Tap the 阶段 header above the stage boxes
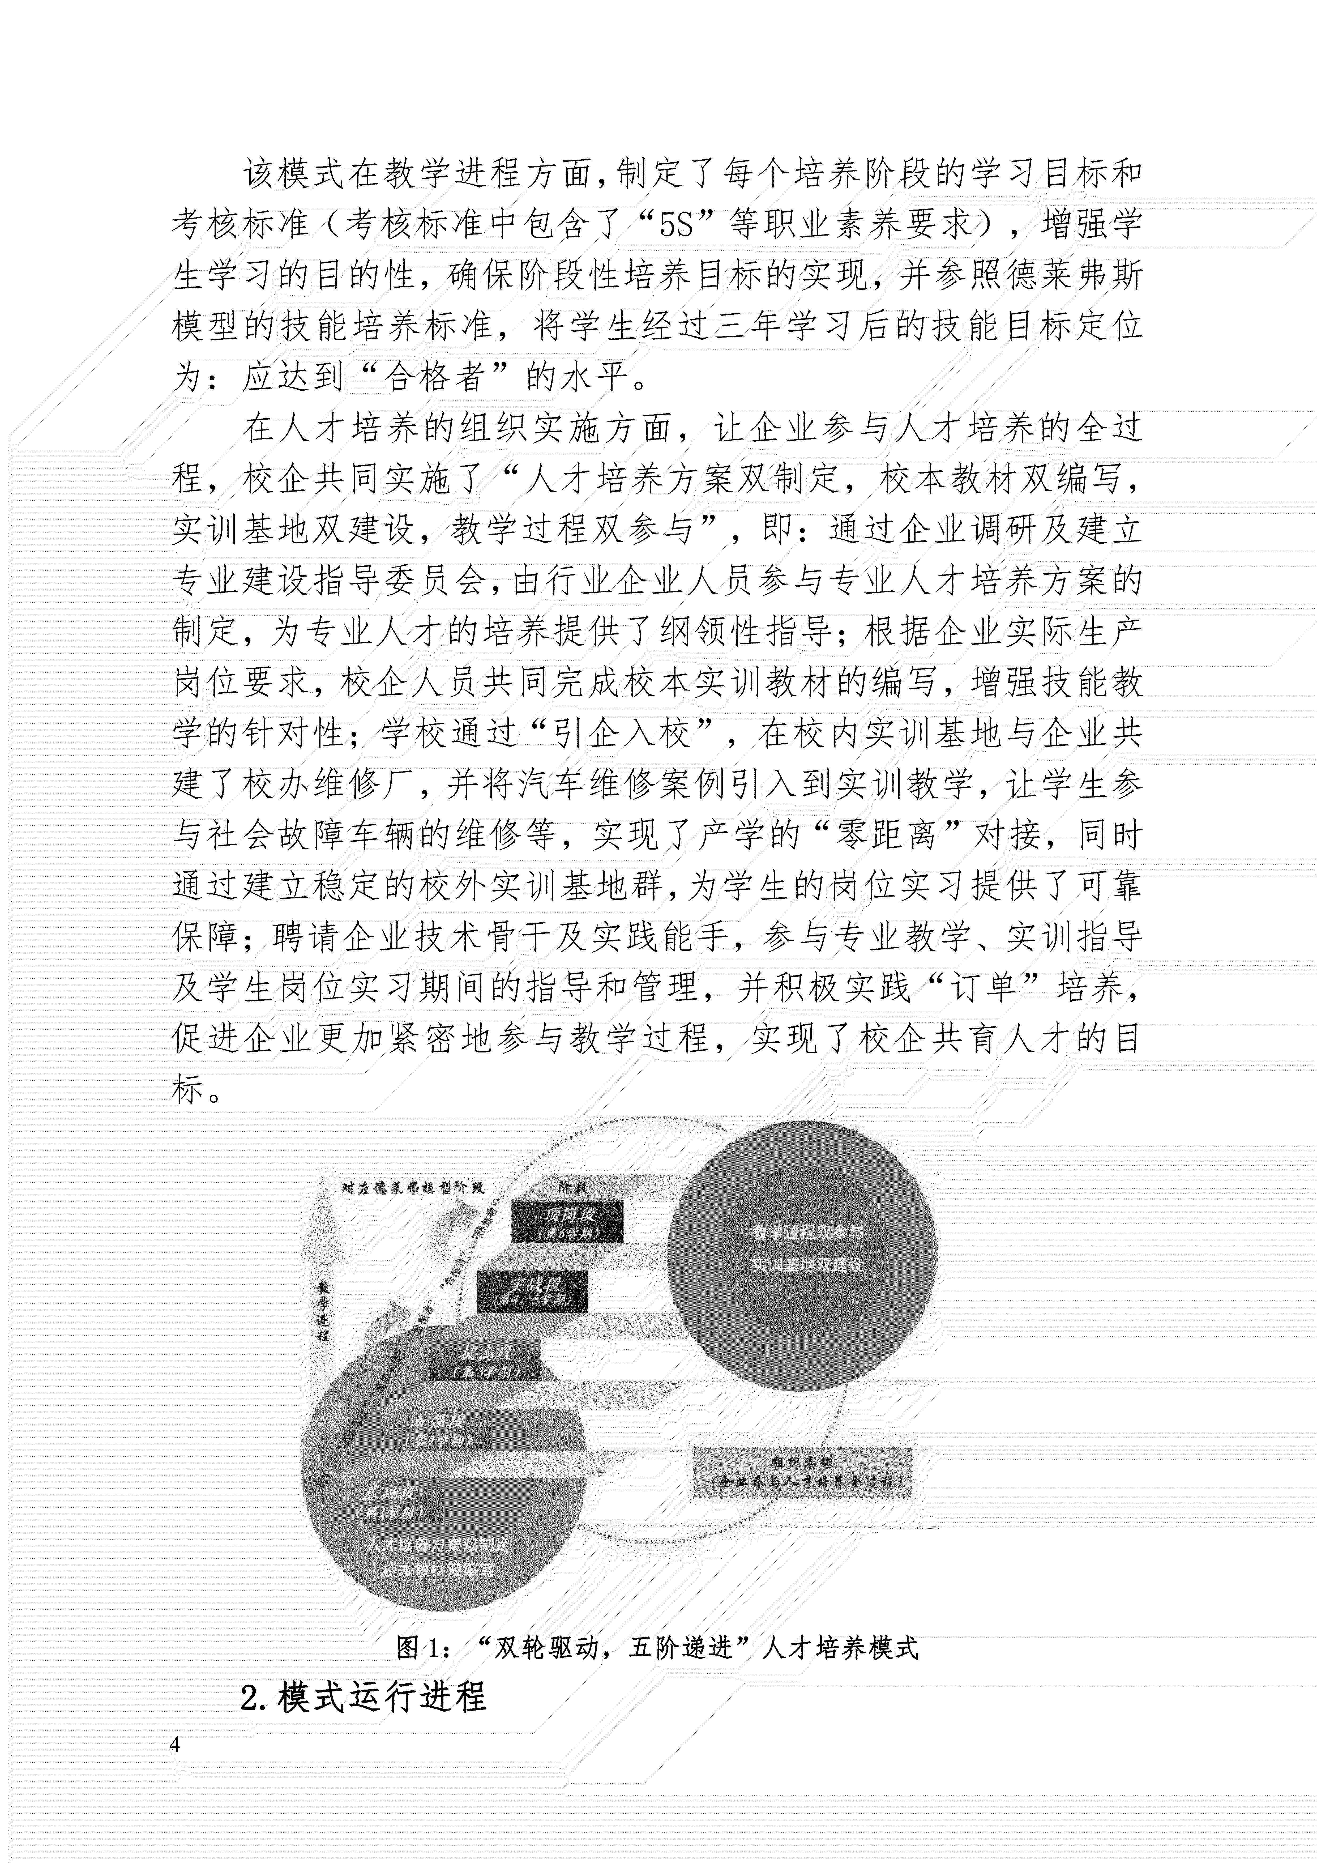coord(573,1187)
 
